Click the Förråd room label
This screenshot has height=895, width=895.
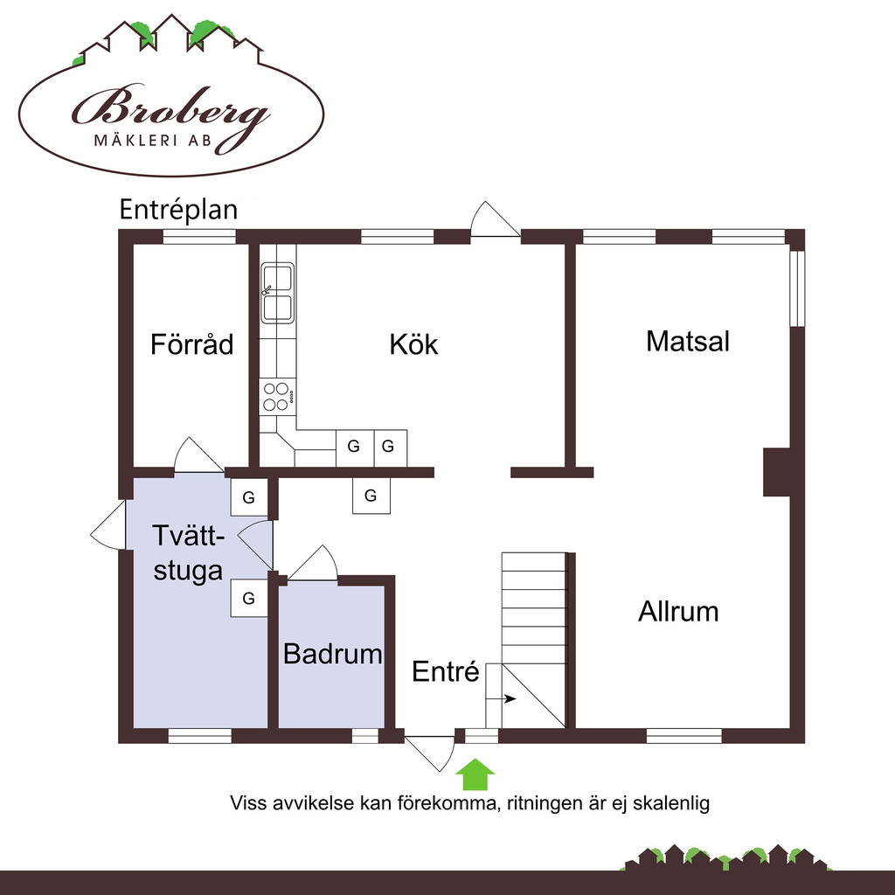(x=191, y=344)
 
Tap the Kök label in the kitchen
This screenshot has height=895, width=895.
(x=413, y=344)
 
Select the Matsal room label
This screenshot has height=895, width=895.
(x=688, y=342)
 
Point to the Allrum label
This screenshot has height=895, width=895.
(x=678, y=611)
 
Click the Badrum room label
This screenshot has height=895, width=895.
(x=333, y=654)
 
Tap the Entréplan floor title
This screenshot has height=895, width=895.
(x=178, y=210)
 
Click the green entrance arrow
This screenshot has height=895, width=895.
(x=475, y=774)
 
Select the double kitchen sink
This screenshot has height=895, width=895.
(x=277, y=293)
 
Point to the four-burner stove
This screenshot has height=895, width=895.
(x=277, y=397)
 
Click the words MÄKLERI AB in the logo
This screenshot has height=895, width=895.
(x=153, y=141)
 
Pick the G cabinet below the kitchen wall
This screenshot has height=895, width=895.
(x=371, y=496)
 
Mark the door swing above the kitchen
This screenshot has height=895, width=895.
(x=495, y=219)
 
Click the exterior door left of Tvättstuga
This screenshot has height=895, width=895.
(x=108, y=525)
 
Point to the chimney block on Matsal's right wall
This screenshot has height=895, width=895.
(x=777, y=471)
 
